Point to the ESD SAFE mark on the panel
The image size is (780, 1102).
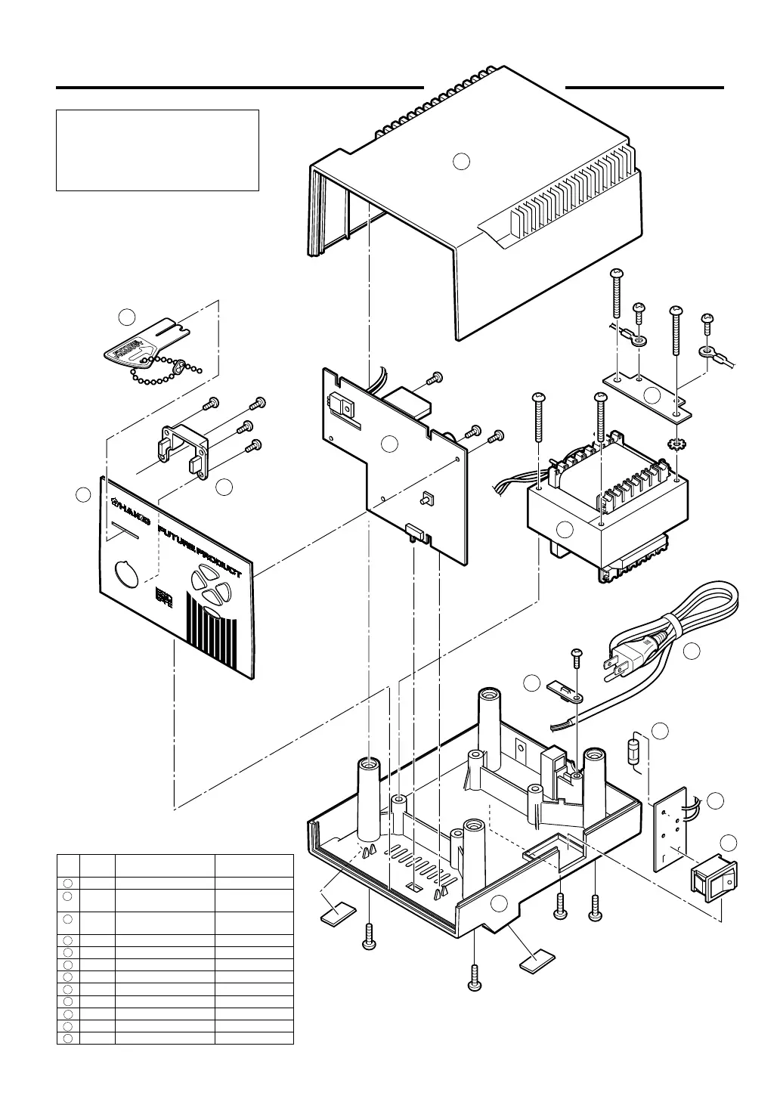pos(163,598)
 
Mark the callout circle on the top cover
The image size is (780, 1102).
pos(462,160)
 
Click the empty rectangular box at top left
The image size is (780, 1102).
pos(158,150)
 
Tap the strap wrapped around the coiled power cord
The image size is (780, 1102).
pos(670,627)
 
